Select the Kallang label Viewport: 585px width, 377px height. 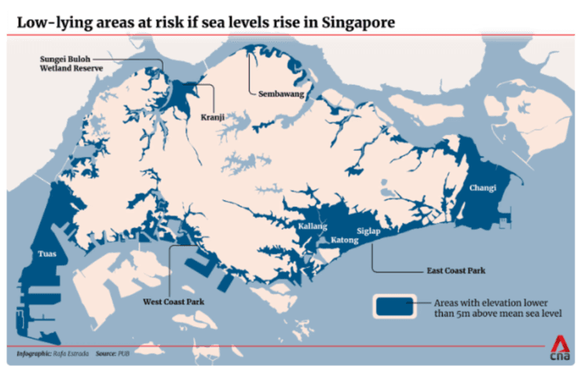click(x=313, y=226)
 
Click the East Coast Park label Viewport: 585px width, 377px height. click(x=455, y=271)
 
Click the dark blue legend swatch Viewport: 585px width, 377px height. click(x=395, y=307)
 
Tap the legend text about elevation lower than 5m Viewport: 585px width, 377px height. click(x=490, y=308)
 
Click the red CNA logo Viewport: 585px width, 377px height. click(x=559, y=347)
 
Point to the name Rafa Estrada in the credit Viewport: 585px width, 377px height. click(x=68, y=354)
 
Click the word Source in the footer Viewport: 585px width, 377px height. click(x=106, y=354)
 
